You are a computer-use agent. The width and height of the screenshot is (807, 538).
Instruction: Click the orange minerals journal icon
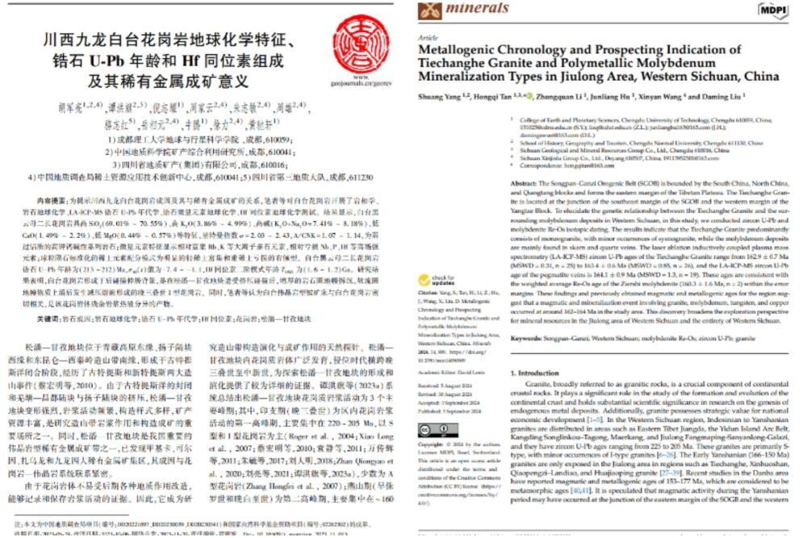(430, 10)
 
